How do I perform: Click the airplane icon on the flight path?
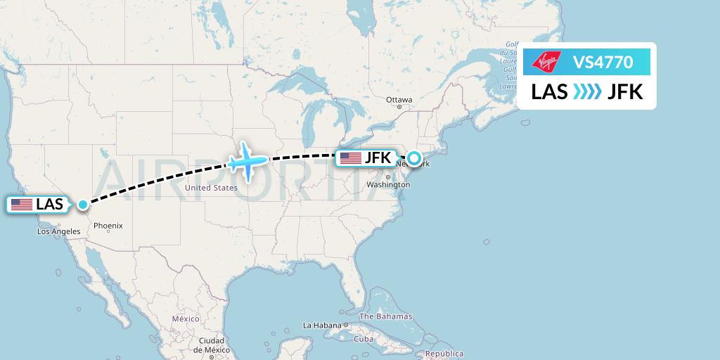(247, 162)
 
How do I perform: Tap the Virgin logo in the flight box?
(547, 63)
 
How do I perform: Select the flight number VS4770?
(603, 63)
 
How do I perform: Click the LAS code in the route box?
(549, 92)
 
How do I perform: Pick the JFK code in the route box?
(625, 92)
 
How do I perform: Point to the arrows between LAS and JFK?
(587, 92)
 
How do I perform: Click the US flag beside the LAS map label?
(22, 205)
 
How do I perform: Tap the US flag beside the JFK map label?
(350, 158)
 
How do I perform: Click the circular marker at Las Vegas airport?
(83, 205)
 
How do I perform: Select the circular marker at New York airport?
(414, 158)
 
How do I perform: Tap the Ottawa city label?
(399, 100)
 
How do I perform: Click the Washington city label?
(388, 185)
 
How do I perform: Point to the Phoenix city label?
(108, 226)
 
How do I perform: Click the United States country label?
(210, 188)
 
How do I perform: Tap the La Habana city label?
(322, 326)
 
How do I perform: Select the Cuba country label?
(364, 338)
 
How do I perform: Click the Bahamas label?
(386, 316)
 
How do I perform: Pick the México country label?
(186, 319)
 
